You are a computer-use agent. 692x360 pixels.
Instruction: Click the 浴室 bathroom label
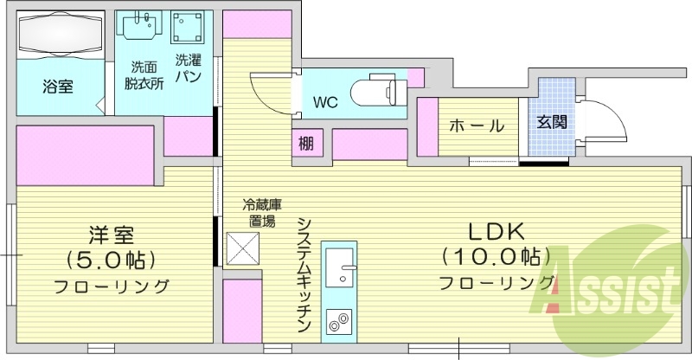click(x=59, y=87)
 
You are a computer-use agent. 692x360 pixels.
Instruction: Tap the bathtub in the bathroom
click(x=59, y=35)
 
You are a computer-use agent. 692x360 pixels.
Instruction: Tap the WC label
click(x=325, y=102)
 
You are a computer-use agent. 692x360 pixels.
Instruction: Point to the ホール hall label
click(x=476, y=125)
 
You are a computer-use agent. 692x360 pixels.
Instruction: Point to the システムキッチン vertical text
click(x=304, y=274)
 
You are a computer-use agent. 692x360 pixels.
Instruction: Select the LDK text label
click(x=497, y=232)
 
